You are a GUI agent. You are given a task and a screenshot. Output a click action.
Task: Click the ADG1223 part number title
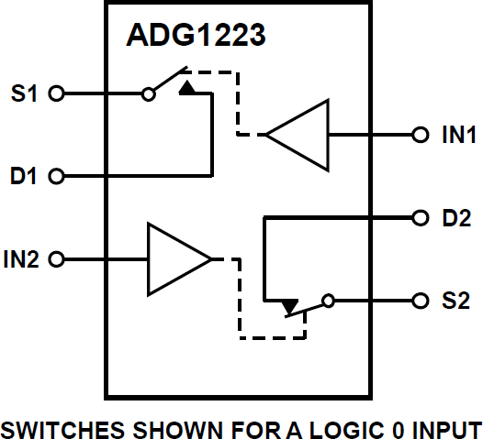pos(197,38)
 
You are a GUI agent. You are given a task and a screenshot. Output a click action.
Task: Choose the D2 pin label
pos(456,218)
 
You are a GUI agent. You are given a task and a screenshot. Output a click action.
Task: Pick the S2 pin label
pos(456,300)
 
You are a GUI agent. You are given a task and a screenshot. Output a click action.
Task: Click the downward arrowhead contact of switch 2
pos(289,306)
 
